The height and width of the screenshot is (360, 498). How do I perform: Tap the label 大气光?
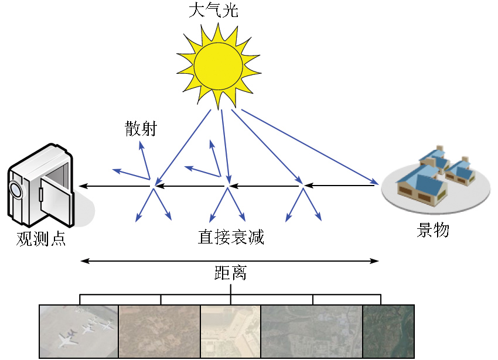pyautogui.click(x=213, y=11)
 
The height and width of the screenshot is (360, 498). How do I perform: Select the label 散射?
pyautogui.click(x=141, y=129)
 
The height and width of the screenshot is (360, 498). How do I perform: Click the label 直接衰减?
pyautogui.click(x=231, y=237)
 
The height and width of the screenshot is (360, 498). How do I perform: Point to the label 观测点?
pyautogui.click(x=41, y=239)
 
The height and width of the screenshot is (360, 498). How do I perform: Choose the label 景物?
pyautogui.click(x=432, y=230)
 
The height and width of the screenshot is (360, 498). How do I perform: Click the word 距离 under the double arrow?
pyautogui.click(x=230, y=273)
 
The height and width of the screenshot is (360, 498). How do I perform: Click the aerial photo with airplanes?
pyautogui.click(x=79, y=331)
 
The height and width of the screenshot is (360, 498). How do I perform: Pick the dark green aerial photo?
pyautogui.click(x=388, y=331)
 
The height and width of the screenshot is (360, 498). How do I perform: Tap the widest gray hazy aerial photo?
pyautogui.click(x=311, y=331)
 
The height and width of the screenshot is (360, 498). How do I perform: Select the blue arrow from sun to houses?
pyautogui.click(x=311, y=146)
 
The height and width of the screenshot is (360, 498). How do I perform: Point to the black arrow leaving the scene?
pyautogui.click(x=340, y=186)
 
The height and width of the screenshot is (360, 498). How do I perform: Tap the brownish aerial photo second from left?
pyautogui.click(x=159, y=331)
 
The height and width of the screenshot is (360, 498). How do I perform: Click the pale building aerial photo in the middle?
pyautogui.click(x=230, y=331)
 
